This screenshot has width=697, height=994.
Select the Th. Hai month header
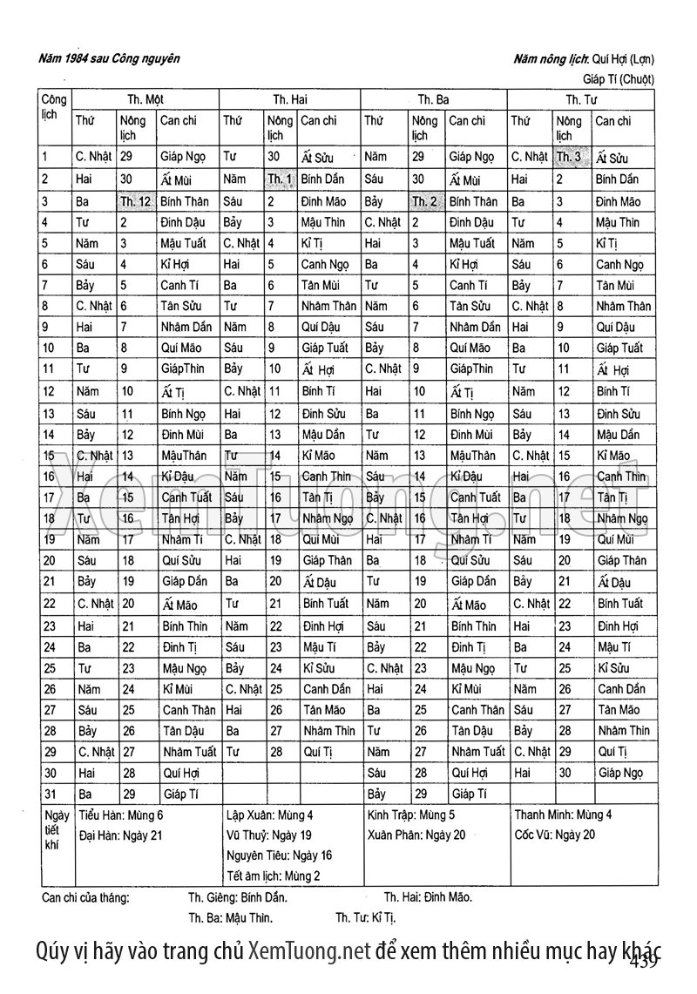pos(290,99)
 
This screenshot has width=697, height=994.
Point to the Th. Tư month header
pos(579,99)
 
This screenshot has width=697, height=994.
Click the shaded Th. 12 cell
pos(136,201)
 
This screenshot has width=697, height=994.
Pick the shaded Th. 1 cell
pos(281,179)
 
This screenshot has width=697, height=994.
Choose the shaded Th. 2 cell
pos(425,201)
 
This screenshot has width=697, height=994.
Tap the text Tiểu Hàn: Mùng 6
pos(121,815)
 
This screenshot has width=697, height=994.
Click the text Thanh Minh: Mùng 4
pos(563,815)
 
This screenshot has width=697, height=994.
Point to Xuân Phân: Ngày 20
pos(416,835)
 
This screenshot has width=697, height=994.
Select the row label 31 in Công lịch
pos(48,794)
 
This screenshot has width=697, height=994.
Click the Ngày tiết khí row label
pos(54,830)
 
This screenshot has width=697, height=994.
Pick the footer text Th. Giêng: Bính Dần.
pos(238,897)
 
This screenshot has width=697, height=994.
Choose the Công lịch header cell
pos(53,107)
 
